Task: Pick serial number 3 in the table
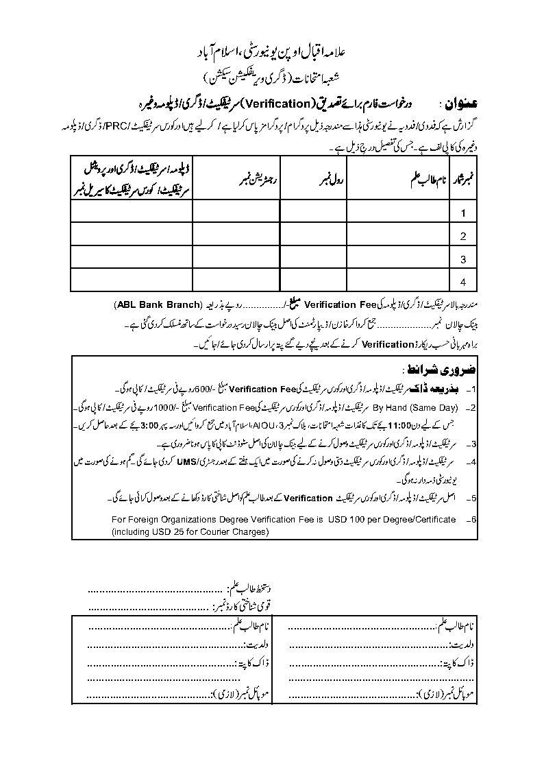[463, 259]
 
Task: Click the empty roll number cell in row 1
[313, 213]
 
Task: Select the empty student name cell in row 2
[397, 236]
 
